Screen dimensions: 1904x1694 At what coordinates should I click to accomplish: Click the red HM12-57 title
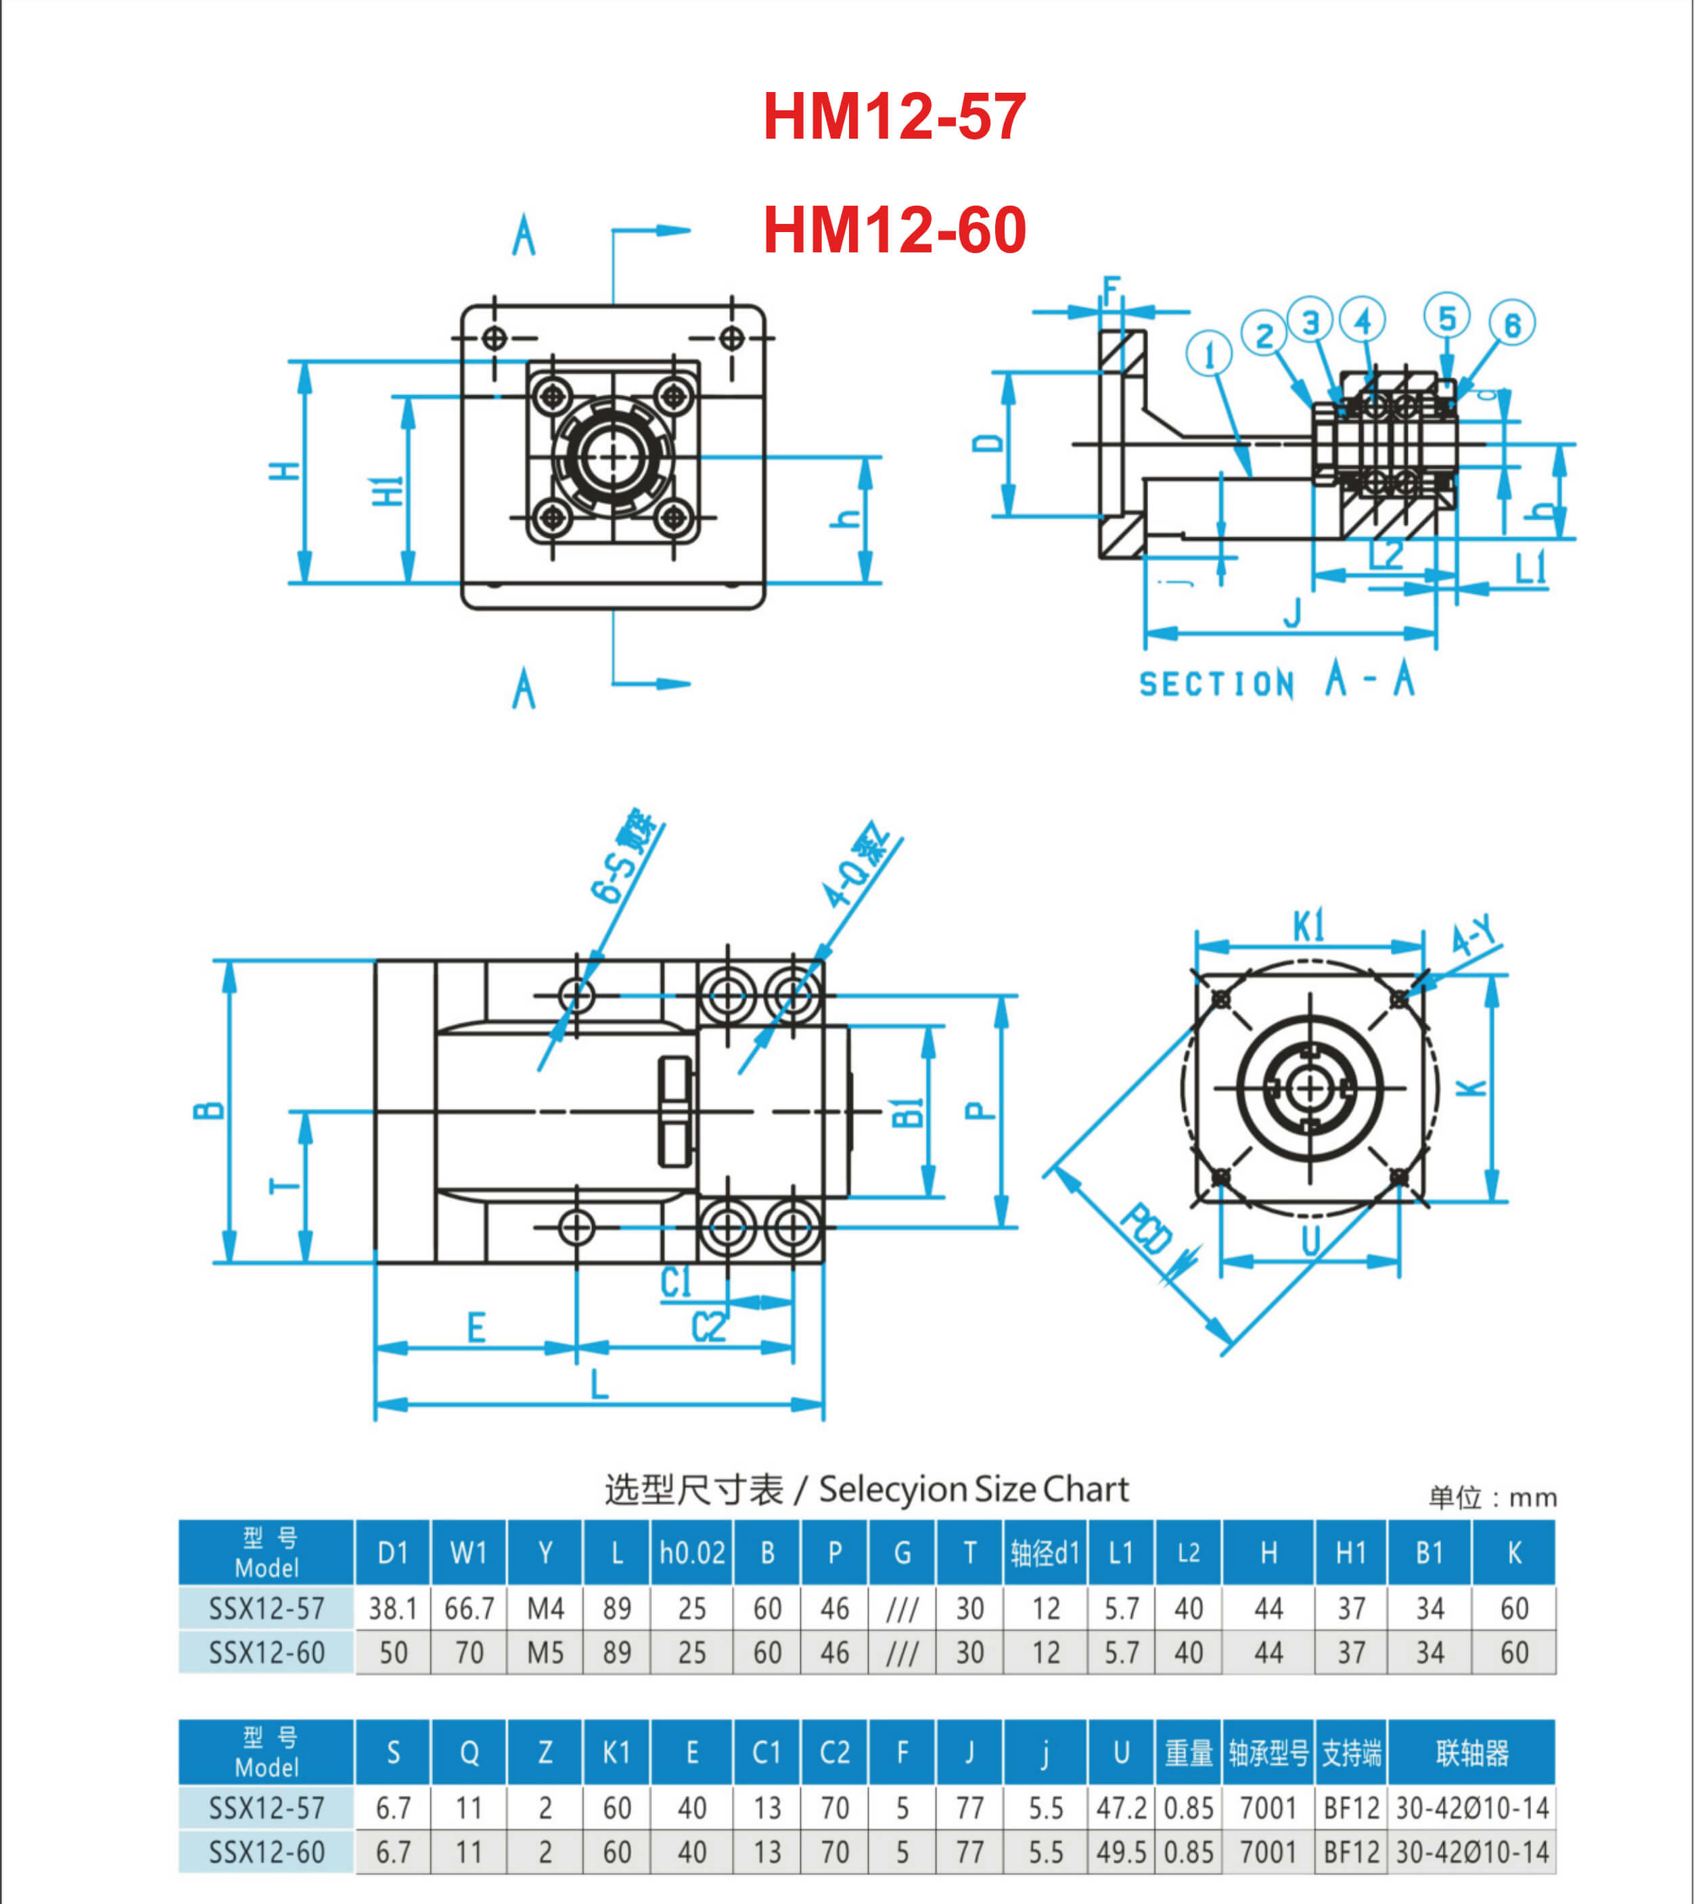(x=894, y=117)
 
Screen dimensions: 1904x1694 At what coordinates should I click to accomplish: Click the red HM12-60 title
(x=894, y=230)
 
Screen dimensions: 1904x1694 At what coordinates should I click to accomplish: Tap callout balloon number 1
(x=1209, y=354)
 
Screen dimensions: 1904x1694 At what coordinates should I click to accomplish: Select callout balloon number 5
(x=1446, y=319)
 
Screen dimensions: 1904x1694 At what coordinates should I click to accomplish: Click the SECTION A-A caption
(x=1277, y=682)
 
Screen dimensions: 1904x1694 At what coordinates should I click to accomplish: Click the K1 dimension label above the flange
(x=1308, y=927)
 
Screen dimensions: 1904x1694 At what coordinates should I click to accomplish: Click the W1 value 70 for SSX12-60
(x=468, y=1652)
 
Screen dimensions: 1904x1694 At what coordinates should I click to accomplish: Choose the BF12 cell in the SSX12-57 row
(x=1351, y=1808)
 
